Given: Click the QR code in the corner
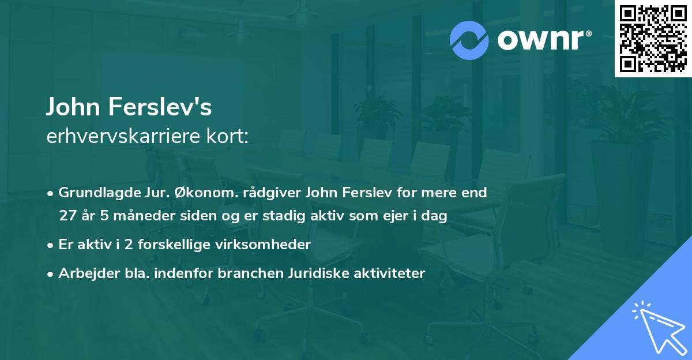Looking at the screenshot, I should [653, 39].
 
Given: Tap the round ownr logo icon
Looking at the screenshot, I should [469, 40].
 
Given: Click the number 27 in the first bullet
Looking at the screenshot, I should [67, 216].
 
